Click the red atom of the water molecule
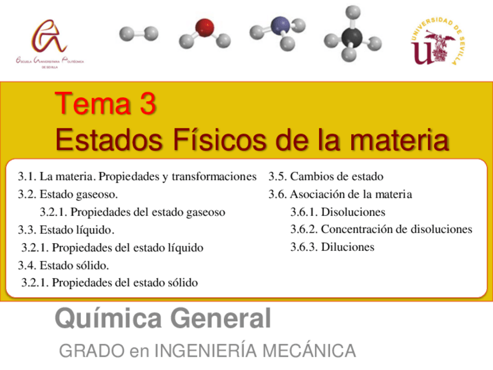pyautogui.click(x=205, y=27)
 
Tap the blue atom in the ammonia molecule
pyautogui.click(x=280, y=25)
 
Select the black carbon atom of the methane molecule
pyautogui.click(x=352, y=37)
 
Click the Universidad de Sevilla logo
pyautogui.click(x=437, y=41)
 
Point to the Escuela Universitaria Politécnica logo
pyautogui.click(x=49, y=44)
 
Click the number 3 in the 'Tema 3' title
pyautogui.click(x=148, y=104)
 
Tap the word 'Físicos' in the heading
pyautogui.click(x=219, y=140)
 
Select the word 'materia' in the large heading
pyautogui.click(x=399, y=140)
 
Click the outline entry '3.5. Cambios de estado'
pyautogui.click(x=326, y=176)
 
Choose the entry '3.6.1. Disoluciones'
pyautogui.click(x=338, y=212)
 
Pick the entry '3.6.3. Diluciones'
pyautogui.click(x=333, y=247)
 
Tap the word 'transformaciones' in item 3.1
pyautogui.click(x=214, y=176)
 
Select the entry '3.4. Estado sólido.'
pyautogui.click(x=63, y=265)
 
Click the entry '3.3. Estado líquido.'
pyautogui.click(x=66, y=230)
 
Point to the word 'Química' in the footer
pyautogui.click(x=109, y=318)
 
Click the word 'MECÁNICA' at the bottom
pyautogui.click(x=309, y=350)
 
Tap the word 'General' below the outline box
pyautogui.click(x=220, y=318)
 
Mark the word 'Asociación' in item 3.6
pyautogui.click(x=321, y=194)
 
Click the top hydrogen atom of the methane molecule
pyautogui.click(x=353, y=13)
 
